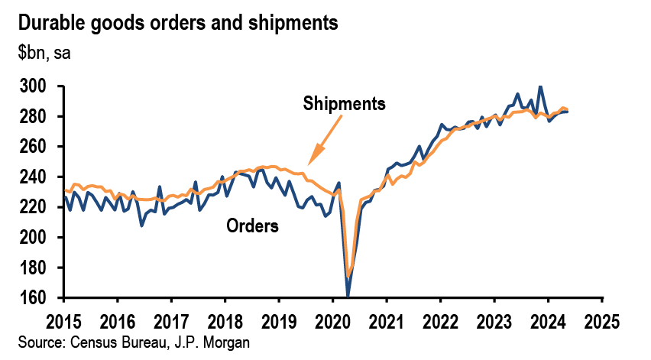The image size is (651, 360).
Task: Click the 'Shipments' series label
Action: [x=344, y=103]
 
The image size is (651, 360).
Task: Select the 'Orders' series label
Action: [x=252, y=225]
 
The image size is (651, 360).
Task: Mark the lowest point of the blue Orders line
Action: [x=348, y=295]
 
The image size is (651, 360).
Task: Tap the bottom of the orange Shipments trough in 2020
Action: [x=348, y=277]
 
